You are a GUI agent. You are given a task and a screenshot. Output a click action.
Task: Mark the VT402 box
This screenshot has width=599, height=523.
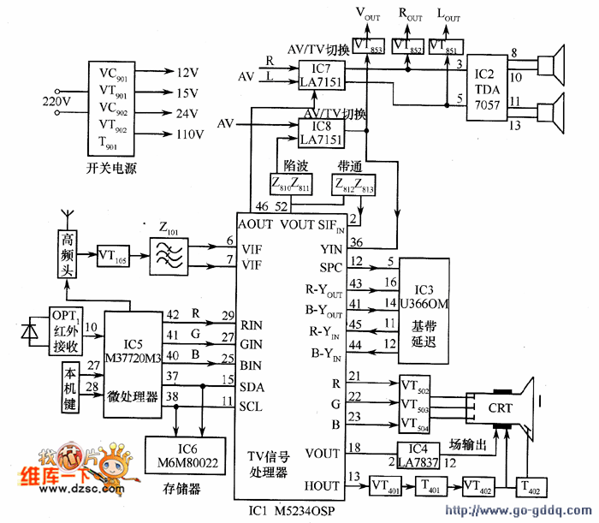[x=483, y=486]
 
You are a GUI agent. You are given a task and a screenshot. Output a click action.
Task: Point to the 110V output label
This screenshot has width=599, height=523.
[x=189, y=134]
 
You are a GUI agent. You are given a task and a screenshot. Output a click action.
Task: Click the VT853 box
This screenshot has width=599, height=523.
[x=369, y=45]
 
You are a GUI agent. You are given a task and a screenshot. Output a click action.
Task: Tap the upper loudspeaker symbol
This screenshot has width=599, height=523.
[x=553, y=64]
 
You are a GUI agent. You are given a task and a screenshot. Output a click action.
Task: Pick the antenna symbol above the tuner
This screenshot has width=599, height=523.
[x=68, y=217]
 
